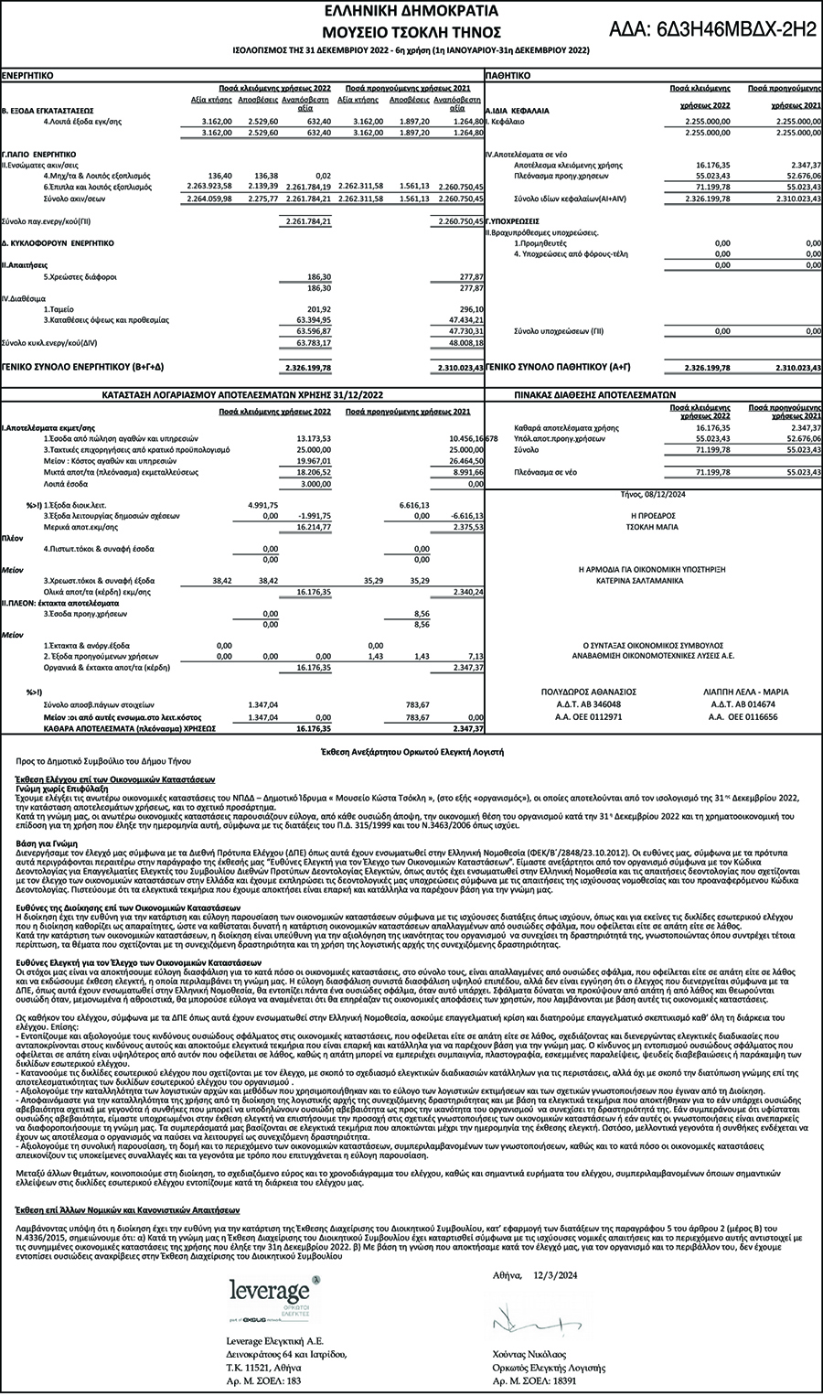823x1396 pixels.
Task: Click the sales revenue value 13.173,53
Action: (314, 439)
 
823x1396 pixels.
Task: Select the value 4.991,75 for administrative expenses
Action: (262, 504)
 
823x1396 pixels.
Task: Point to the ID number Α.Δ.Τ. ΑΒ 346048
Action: (589, 704)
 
